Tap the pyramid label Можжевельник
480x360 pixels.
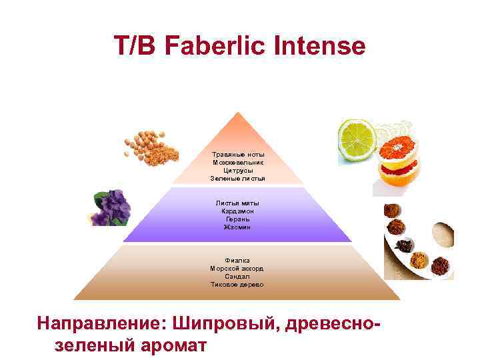coord(237,162)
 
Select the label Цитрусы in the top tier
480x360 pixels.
coord(237,170)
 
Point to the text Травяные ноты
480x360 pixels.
coord(237,154)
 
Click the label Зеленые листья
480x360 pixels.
coord(237,178)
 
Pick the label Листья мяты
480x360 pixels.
coord(237,203)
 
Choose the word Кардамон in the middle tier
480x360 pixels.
coord(237,211)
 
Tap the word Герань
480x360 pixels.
coord(237,219)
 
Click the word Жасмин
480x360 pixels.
coord(237,227)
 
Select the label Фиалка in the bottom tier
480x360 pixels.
coord(237,260)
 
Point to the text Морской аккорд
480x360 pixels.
coord(237,268)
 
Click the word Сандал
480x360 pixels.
coord(237,276)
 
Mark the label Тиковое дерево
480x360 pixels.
coord(237,284)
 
